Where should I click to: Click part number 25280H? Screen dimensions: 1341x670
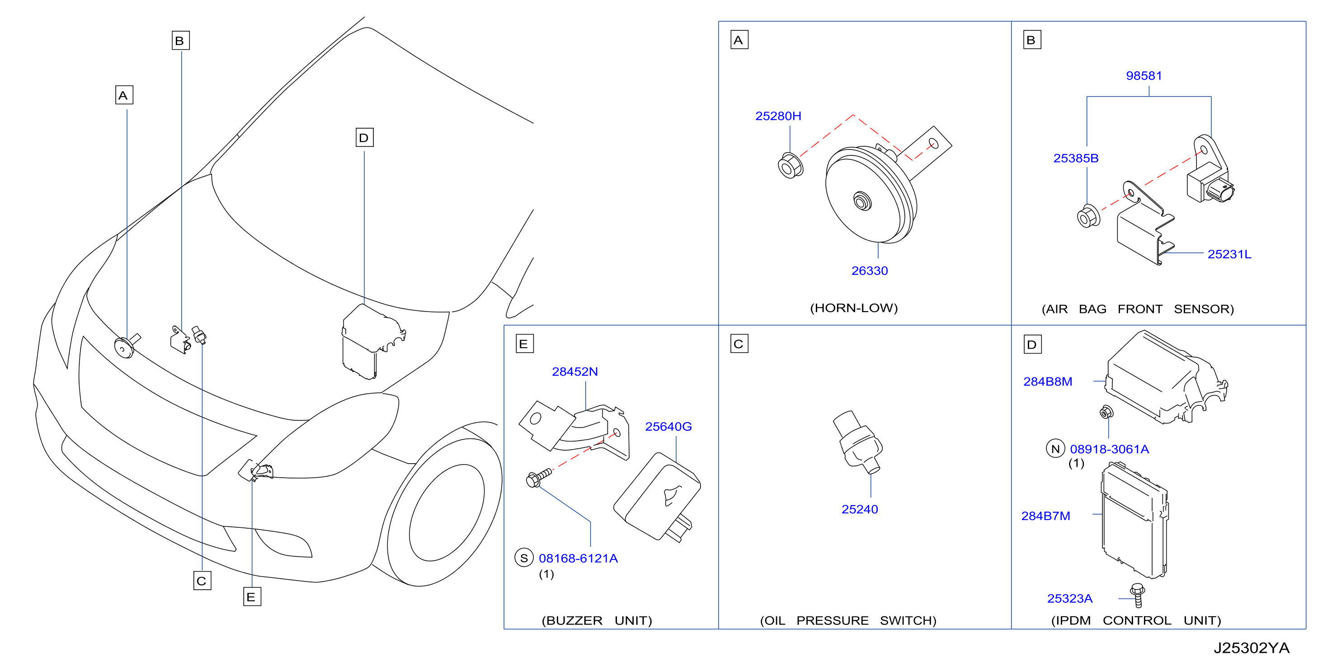(x=778, y=116)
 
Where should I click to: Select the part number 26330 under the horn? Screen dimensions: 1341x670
(x=869, y=270)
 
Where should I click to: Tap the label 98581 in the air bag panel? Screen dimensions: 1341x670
(x=1143, y=76)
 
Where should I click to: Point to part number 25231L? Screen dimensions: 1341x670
(x=1229, y=254)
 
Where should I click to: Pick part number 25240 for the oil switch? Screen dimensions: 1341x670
(x=860, y=509)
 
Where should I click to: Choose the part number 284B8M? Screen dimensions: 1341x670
(x=1047, y=382)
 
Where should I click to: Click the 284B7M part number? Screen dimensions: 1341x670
(x=1045, y=516)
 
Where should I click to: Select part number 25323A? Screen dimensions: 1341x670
(x=1069, y=599)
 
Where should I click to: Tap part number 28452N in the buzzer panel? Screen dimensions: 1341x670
(x=575, y=372)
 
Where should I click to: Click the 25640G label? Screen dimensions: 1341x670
(x=668, y=427)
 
